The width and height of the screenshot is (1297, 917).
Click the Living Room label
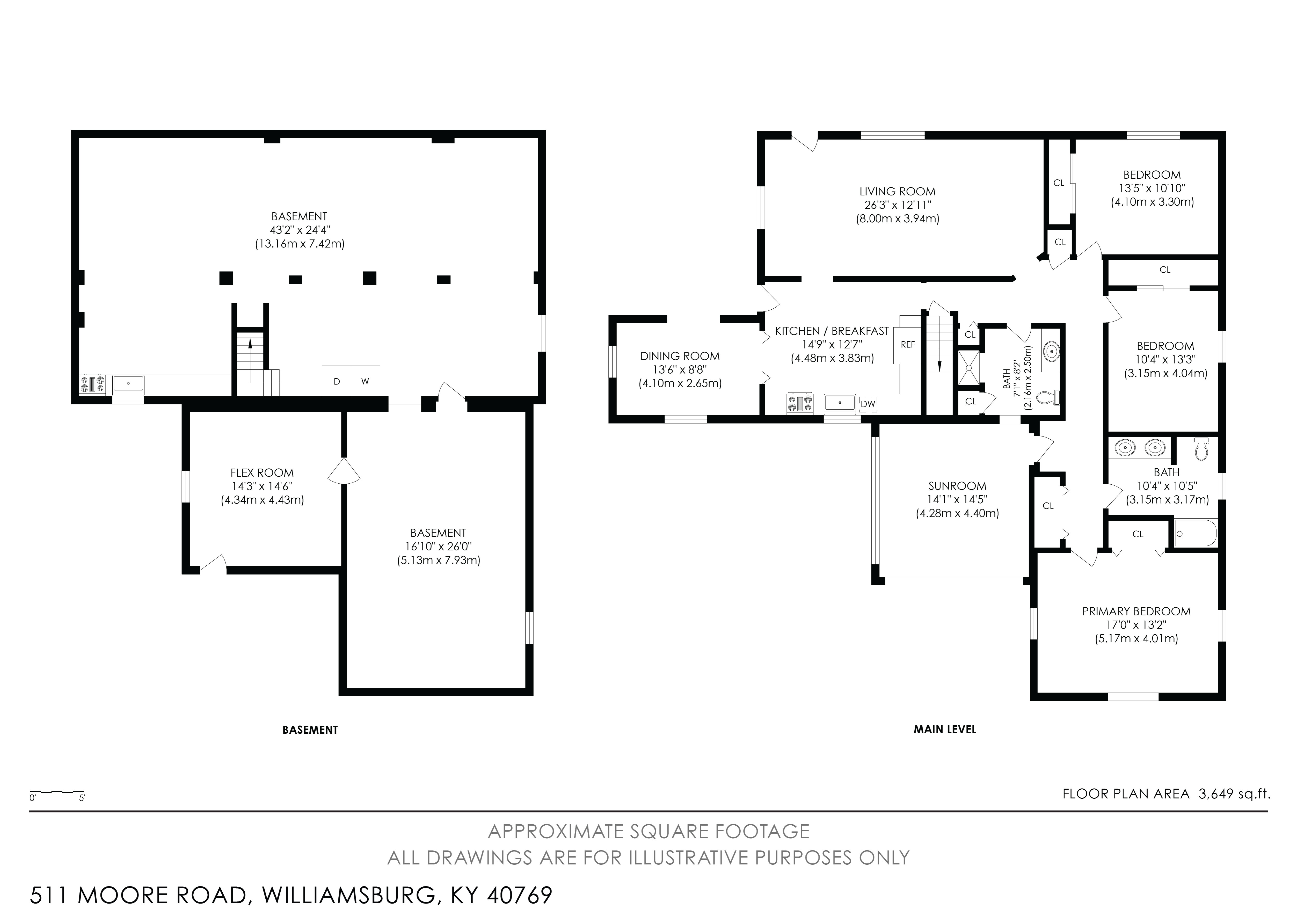[897, 192]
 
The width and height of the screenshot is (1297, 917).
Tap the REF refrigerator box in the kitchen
[907, 345]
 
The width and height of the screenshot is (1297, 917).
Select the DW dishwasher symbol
[868, 404]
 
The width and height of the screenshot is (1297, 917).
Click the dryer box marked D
[337, 381]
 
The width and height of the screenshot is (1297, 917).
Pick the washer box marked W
[366, 381]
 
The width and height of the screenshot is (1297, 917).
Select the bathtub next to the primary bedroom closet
[1195, 533]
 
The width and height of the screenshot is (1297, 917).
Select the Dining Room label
[680, 356]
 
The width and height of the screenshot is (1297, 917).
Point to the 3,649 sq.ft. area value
[1234, 794]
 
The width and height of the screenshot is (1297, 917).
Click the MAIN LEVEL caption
[944, 729]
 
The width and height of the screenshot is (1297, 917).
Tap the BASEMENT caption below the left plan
[310, 730]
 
